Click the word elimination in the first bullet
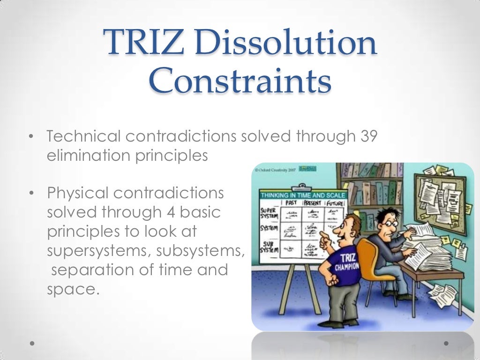coord(87,155)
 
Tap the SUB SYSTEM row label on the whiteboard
coord(269,247)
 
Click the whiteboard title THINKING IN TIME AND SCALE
coord(303,195)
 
